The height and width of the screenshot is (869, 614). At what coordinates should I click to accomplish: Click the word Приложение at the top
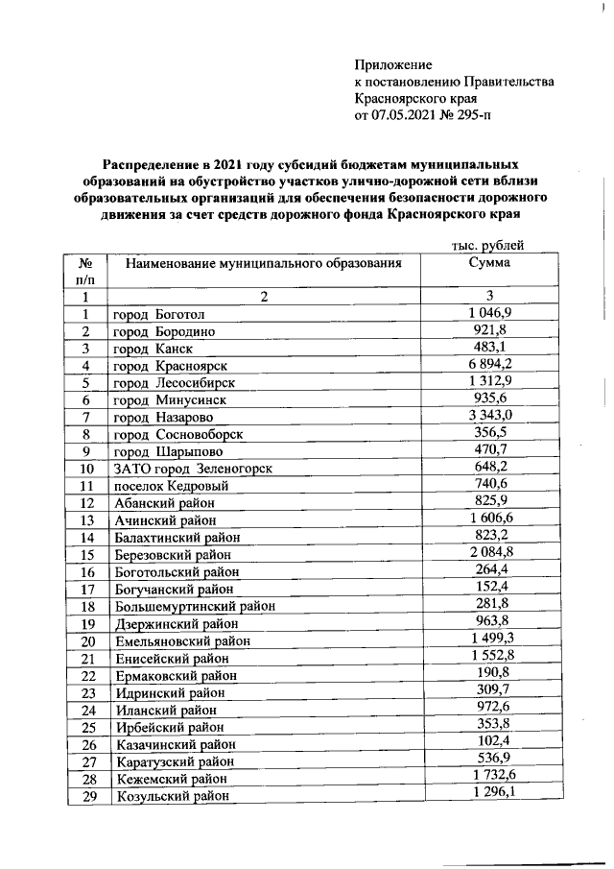point(394,64)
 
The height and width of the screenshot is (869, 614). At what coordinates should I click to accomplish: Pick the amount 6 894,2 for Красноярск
point(490,365)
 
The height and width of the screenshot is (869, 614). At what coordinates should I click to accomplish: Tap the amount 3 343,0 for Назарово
point(490,417)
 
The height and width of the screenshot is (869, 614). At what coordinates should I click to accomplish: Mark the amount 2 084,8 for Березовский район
point(490,553)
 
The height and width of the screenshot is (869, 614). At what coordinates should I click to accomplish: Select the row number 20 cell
point(87,640)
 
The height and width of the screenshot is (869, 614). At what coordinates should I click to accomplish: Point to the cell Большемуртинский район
point(195,606)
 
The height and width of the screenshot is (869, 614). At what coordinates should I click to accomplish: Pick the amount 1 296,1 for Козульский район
point(490,793)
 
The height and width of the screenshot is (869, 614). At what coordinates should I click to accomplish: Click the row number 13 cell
point(87,520)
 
